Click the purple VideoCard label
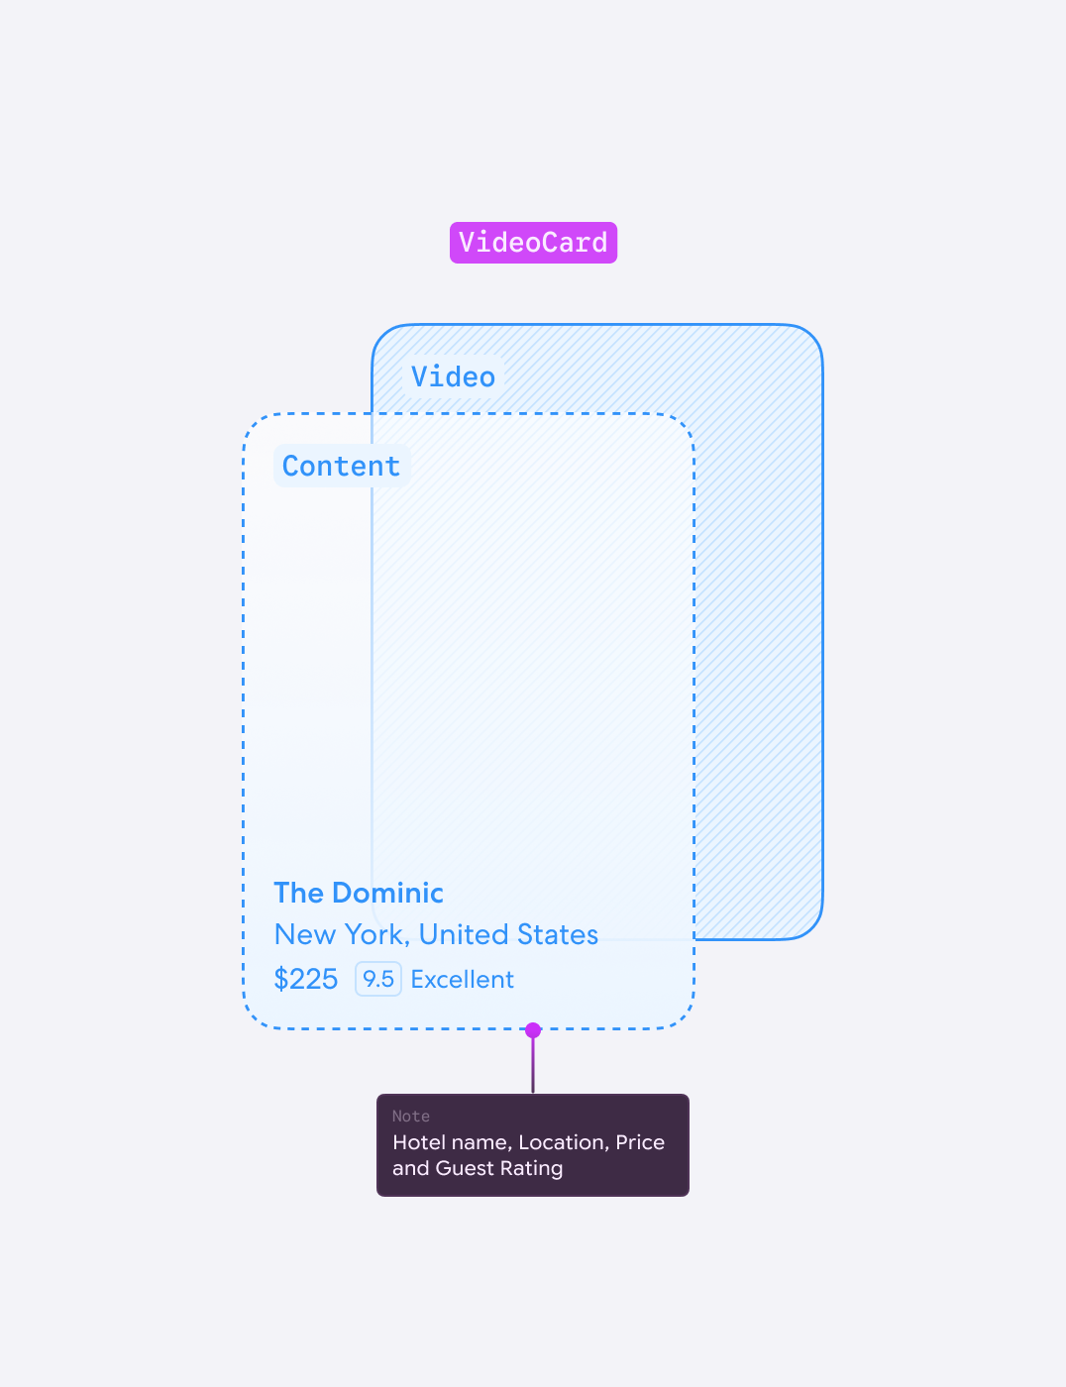(x=533, y=243)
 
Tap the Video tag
(x=453, y=376)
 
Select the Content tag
(x=342, y=466)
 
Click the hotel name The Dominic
(x=359, y=893)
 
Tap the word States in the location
(x=557, y=935)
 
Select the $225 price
(x=306, y=979)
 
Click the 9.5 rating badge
(x=378, y=979)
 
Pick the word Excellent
(x=462, y=980)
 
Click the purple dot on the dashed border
(x=533, y=1030)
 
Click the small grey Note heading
(x=411, y=1117)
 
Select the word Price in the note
(x=640, y=1142)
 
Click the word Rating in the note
(x=532, y=1169)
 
